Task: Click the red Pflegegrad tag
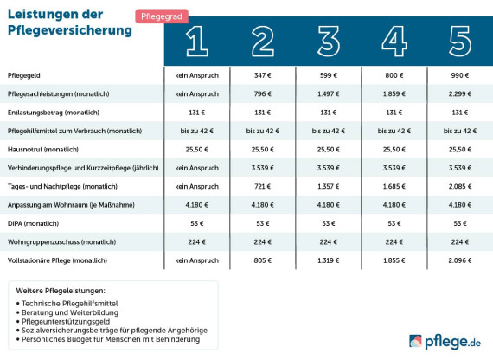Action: point(162,16)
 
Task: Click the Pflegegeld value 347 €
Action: point(263,76)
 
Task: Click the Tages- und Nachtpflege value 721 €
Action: point(263,185)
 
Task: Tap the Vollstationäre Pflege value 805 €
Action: point(263,260)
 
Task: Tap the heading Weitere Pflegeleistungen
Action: point(60,290)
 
